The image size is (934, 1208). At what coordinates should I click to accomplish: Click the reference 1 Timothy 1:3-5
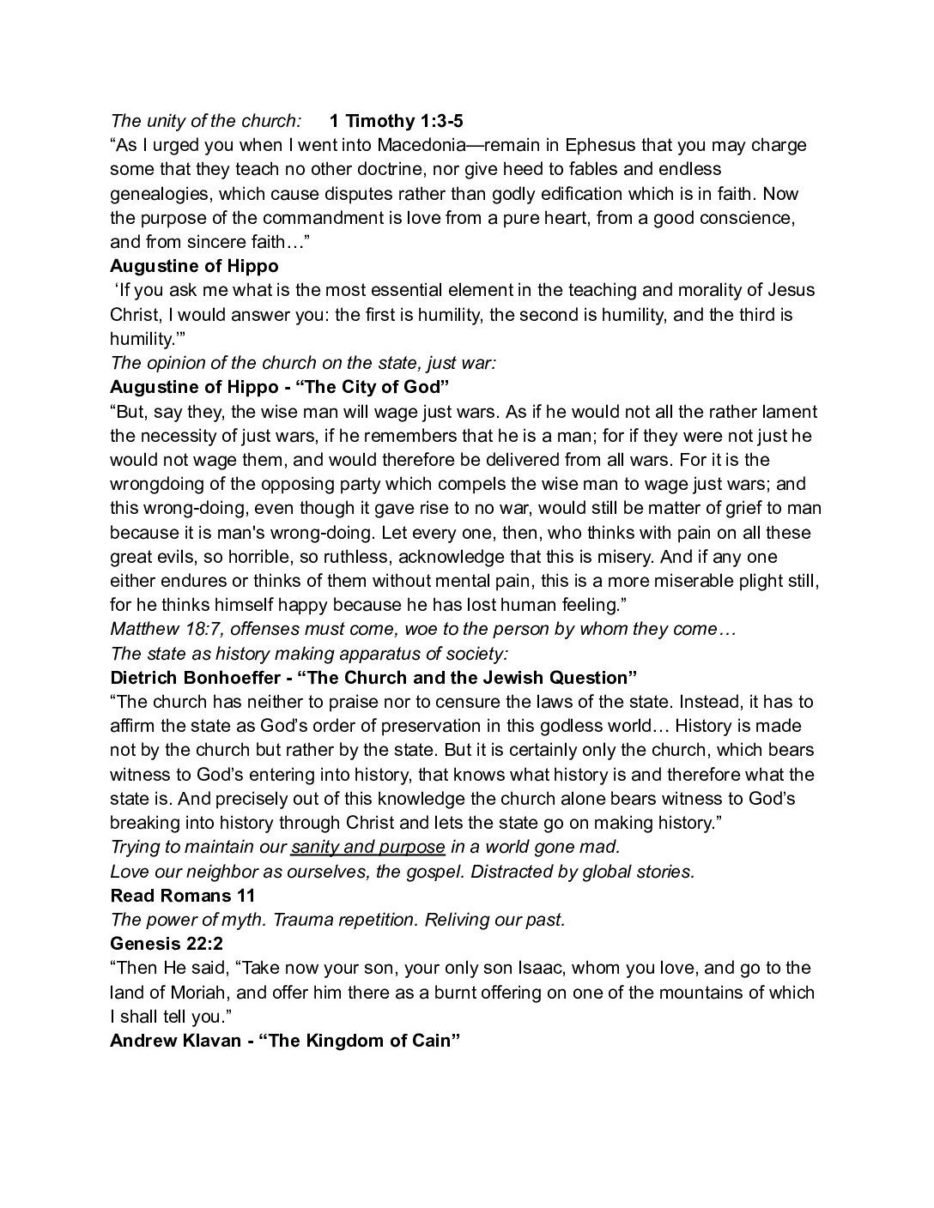(x=396, y=121)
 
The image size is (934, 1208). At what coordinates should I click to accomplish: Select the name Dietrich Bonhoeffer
(x=191, y=678)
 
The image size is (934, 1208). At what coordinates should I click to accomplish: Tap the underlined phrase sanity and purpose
(x=367, y=848)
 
